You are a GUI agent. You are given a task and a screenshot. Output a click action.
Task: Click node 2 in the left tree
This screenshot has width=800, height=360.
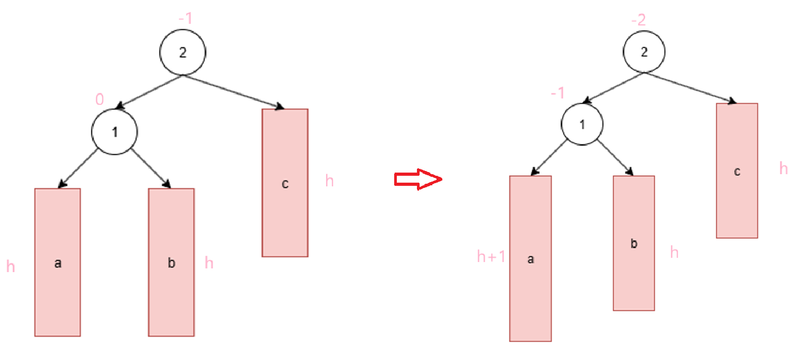click(183, 52)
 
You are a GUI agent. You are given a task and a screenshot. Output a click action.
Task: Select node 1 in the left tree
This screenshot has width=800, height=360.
click(114, 132)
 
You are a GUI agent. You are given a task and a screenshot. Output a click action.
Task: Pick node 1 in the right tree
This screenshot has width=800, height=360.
click(583, 125)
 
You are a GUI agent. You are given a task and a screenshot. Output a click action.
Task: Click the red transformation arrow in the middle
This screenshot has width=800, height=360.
click(417, 179)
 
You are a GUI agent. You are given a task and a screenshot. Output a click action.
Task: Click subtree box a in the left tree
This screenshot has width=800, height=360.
click(58, 262)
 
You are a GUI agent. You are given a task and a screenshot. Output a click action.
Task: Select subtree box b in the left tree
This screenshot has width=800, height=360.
click(171, 262)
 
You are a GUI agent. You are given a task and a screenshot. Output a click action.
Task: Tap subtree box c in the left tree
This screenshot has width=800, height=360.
click(285, 183)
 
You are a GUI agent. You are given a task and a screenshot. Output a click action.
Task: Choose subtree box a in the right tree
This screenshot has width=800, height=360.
click(530, 258)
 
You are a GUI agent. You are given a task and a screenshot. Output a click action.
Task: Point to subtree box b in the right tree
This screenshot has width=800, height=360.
click(634, 243)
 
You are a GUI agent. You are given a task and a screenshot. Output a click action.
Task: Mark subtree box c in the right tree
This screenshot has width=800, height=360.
click(737, 170)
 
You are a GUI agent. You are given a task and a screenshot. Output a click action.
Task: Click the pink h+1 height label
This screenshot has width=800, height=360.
click(491, 257)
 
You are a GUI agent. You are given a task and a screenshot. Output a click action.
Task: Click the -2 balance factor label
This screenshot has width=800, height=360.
click(639, 21)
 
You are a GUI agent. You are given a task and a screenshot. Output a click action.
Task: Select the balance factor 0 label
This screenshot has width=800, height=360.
click(99, 99)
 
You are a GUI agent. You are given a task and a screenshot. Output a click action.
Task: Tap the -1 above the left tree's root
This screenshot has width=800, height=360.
click(185, 19)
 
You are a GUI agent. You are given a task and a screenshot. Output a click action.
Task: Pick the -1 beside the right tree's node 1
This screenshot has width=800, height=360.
click(558, 93)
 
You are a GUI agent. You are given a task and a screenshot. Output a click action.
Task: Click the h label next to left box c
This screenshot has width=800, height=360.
click(329, 181)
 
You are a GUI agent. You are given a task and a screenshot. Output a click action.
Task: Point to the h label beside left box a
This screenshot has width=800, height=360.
click(11, 266)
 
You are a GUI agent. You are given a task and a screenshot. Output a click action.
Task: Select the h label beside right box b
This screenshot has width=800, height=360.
click(674, 252)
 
